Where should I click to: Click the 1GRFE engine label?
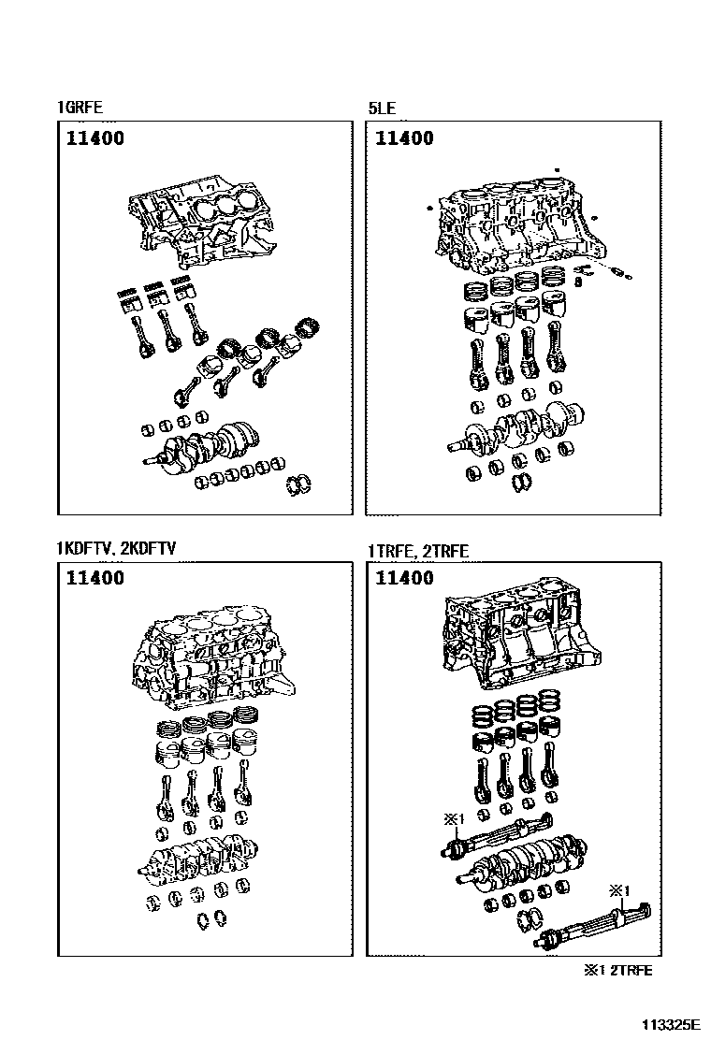[x=79, y=108]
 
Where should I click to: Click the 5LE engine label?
[x=382, y=108]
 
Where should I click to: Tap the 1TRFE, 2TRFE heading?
[x=418, y=551]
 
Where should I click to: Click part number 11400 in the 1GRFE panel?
[x=94, y=138]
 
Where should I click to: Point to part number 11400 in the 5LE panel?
[x=404, y=138]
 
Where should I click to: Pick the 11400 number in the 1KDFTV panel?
[x=94, y=578]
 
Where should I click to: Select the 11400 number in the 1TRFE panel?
[x=404, y=578]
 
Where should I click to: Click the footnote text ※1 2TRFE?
[x=618, y=970]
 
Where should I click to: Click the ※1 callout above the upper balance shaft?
[x=453, y=819]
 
